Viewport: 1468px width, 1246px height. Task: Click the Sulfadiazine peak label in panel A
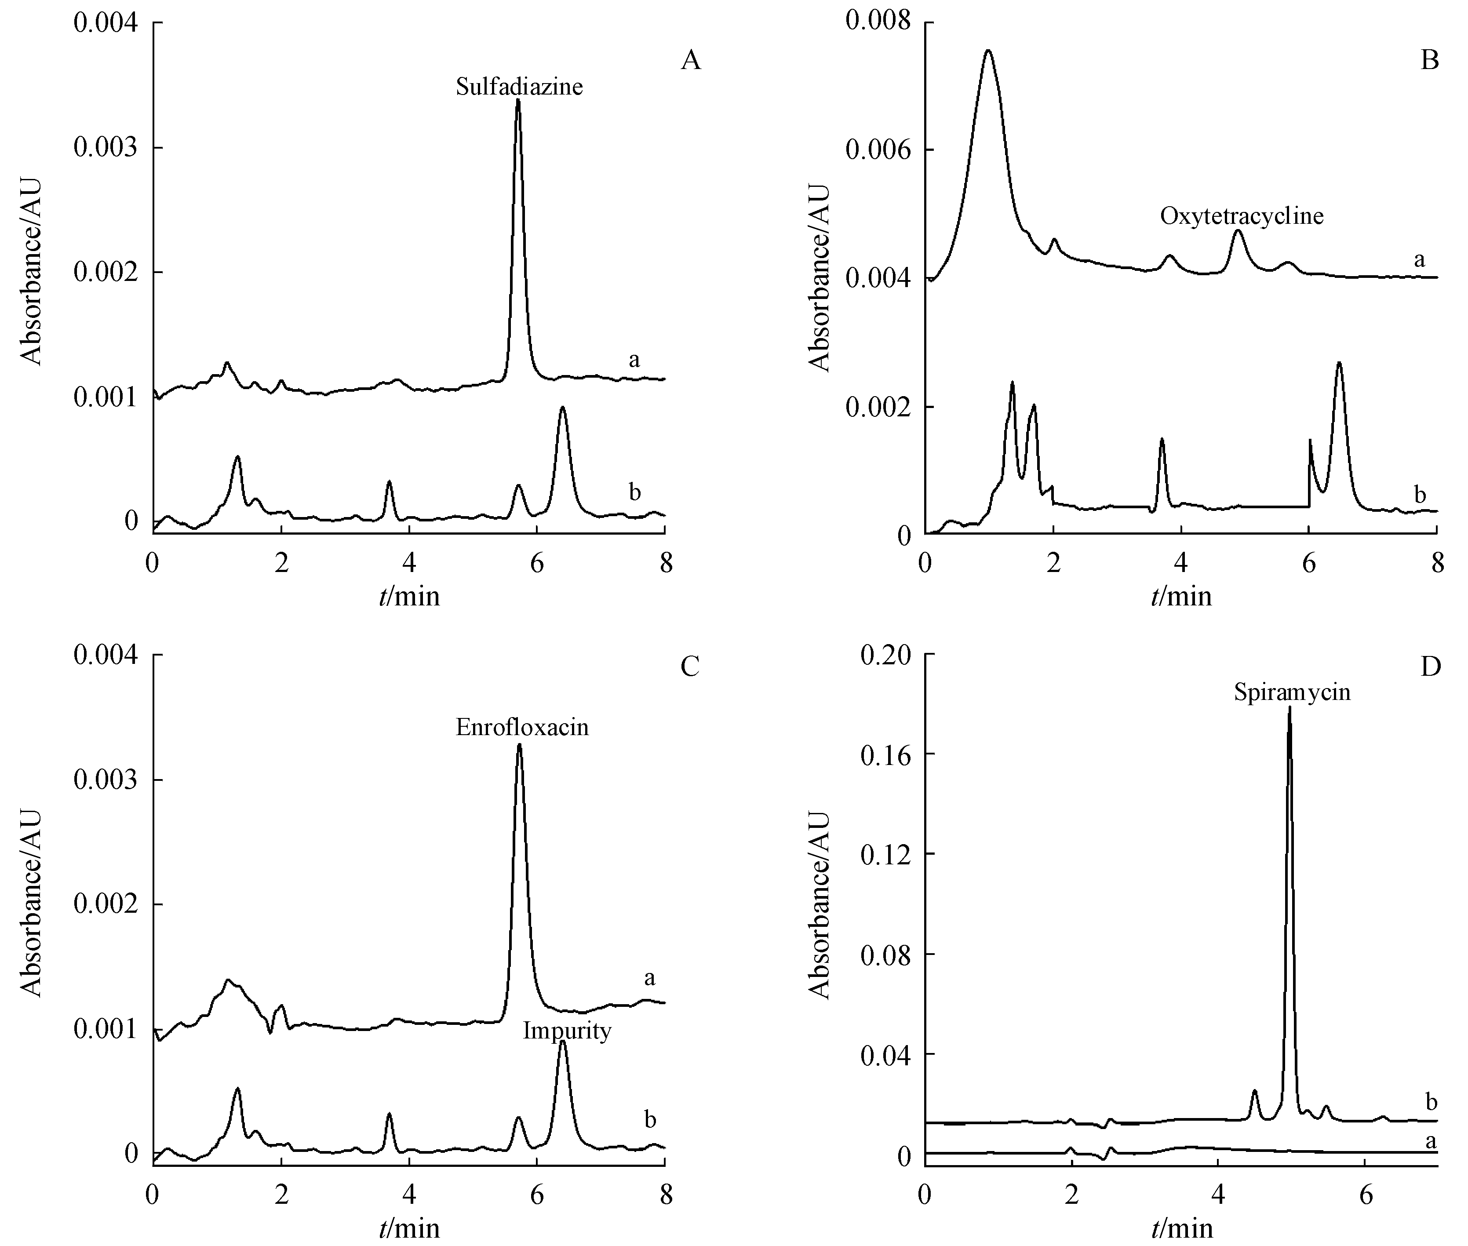[519, 87]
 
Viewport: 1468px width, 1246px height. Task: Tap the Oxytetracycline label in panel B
[1241, 215]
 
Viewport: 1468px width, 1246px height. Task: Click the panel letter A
[690, 61]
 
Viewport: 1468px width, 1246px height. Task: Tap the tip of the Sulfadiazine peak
[518, 100]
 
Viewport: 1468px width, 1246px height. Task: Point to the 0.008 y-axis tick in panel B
[878, 22]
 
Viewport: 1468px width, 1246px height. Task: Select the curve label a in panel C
[649, 978]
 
